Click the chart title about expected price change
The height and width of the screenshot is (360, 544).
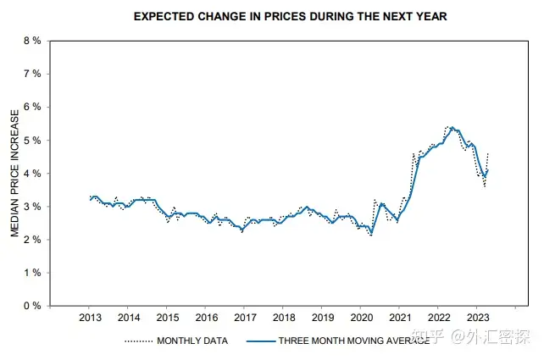(x=290, y=16)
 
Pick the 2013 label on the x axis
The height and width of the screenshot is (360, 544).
(x=90, y=318)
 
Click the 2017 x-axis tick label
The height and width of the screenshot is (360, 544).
(x=244, y=318)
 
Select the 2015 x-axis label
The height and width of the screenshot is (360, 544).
(x=167, y=318)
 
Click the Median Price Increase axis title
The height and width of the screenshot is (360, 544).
(x=14, y=174)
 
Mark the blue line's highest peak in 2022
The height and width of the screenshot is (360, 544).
(x=452, y=128)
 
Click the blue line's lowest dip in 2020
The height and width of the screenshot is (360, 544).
(x=370, y=232)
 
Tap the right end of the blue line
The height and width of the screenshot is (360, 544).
(x=488, y=170)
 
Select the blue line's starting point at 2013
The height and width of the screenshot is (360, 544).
(x=90, y=198)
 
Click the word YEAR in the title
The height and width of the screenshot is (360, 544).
(x=430, y=16)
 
